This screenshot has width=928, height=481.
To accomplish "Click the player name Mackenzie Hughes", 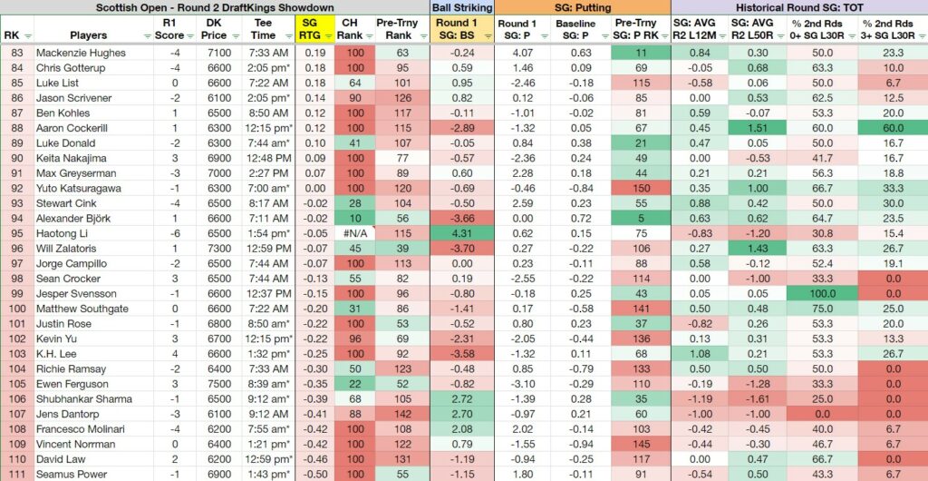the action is [81, 53].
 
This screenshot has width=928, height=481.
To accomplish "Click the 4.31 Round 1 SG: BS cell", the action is [461, 233].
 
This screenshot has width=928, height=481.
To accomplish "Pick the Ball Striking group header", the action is [461, 7].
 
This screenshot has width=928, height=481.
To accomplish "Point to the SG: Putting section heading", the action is [583, 7].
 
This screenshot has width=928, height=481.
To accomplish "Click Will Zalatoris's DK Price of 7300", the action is [218, 248].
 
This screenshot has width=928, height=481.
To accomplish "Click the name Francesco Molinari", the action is [75, 429].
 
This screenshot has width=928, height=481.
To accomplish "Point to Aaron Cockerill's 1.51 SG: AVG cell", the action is [759, 128].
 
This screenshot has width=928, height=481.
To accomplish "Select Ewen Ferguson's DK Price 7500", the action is [218, 384].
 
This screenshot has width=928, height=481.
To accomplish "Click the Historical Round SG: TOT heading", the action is [799, 7].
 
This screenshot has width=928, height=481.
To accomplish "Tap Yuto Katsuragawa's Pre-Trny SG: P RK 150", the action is [643, 189].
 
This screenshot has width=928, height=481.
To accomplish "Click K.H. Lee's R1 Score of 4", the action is [175, 354].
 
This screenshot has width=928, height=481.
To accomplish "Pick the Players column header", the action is [88, 35].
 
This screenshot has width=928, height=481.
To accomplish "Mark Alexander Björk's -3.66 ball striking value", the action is [461, 218].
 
